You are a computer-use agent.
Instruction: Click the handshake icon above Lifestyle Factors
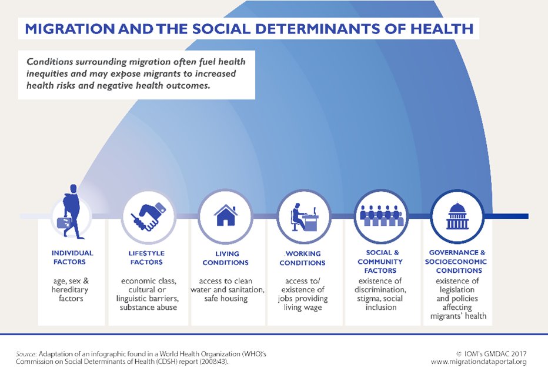point(149,216)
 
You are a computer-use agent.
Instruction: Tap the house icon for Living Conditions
point(225,216)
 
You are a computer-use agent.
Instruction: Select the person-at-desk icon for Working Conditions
point(303,216)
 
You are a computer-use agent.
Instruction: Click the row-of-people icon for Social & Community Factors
point(381,216)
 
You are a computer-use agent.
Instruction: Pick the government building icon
point(457,216)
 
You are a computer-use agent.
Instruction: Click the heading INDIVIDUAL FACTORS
point(72,258)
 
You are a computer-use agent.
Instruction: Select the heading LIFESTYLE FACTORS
point(146,258)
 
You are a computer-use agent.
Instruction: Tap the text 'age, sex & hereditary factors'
point(71,289)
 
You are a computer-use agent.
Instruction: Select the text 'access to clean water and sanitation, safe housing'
point(227,289)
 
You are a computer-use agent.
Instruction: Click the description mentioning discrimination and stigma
point(381,293)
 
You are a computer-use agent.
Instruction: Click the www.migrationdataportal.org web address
point(479,362)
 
